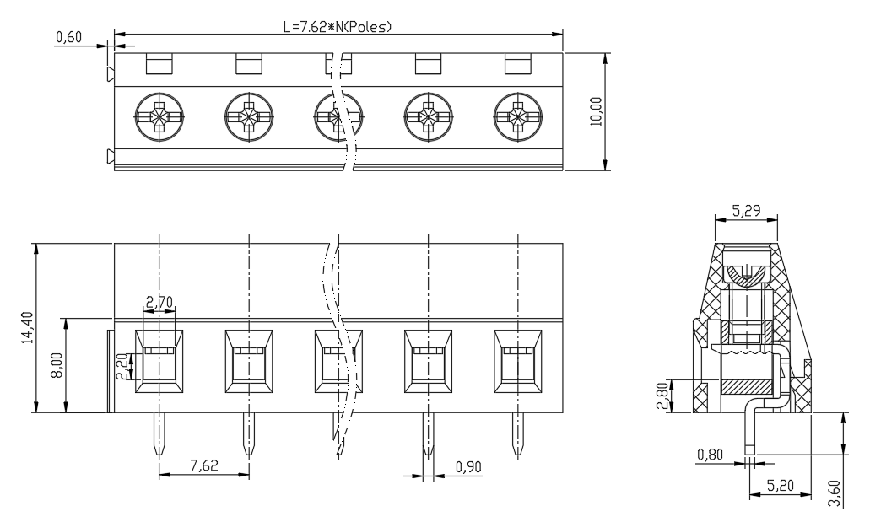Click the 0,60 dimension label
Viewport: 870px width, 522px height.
pos(69,37)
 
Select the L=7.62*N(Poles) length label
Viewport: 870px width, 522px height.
pos(338,27)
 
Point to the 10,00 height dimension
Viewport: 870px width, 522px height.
pos(596,111)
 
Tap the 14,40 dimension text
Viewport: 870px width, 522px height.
pos(27,327)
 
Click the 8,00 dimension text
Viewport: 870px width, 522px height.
pos(57,365)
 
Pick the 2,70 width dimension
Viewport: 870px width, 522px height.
pos(159,302)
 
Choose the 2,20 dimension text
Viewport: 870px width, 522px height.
pos(122,367)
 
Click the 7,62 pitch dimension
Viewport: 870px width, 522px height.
pos(204,465)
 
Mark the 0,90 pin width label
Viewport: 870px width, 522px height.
pos(468,467)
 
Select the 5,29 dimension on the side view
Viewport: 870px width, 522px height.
pos(746,210)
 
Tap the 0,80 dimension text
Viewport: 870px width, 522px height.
pos(711,455)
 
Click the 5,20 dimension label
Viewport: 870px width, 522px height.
pos(781,486)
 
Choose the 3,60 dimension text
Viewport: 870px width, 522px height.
pos(834,493)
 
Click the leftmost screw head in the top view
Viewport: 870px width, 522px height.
pos(159,117)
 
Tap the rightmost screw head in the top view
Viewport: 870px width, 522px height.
pos(518,117)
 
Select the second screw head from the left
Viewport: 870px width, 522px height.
pos(249,117)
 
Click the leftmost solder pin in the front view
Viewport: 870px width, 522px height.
pos(159,433)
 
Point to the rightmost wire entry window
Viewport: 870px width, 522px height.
pos(518,361)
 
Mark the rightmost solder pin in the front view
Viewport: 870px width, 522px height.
pos(518,433)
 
